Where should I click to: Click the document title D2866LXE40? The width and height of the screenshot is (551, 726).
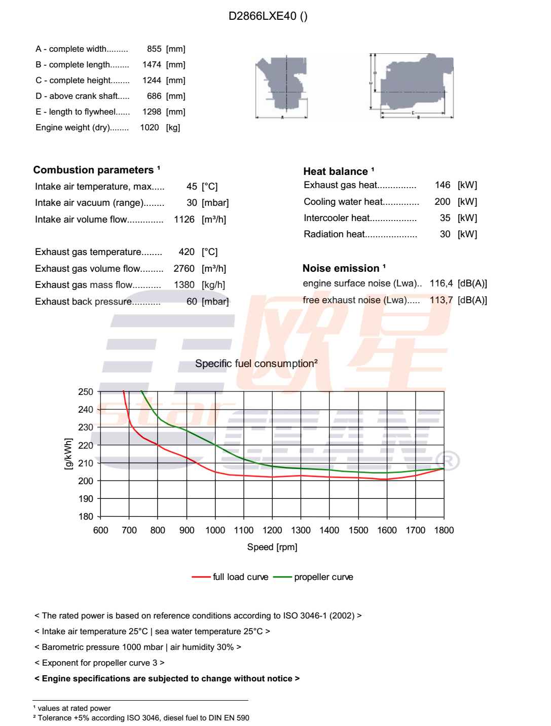268,16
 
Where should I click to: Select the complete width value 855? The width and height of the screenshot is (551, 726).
154,49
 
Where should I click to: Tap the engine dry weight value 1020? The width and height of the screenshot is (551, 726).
150,128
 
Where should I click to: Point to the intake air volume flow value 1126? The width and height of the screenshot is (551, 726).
184,220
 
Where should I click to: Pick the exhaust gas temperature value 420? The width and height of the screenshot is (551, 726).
187,252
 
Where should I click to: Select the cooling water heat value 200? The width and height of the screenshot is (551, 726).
442,202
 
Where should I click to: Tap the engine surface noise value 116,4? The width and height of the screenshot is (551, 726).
441,283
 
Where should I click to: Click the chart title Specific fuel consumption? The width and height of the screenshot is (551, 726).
256,364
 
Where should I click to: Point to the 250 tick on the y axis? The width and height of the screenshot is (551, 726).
86,392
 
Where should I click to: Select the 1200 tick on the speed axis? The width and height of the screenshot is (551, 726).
272,530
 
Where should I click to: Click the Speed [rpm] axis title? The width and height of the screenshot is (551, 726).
272,547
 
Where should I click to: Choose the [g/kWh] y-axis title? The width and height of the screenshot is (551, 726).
68,454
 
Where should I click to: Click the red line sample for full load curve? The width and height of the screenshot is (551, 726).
201,577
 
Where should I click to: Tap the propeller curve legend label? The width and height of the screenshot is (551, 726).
323,577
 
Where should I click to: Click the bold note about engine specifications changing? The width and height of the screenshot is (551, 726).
167,679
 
